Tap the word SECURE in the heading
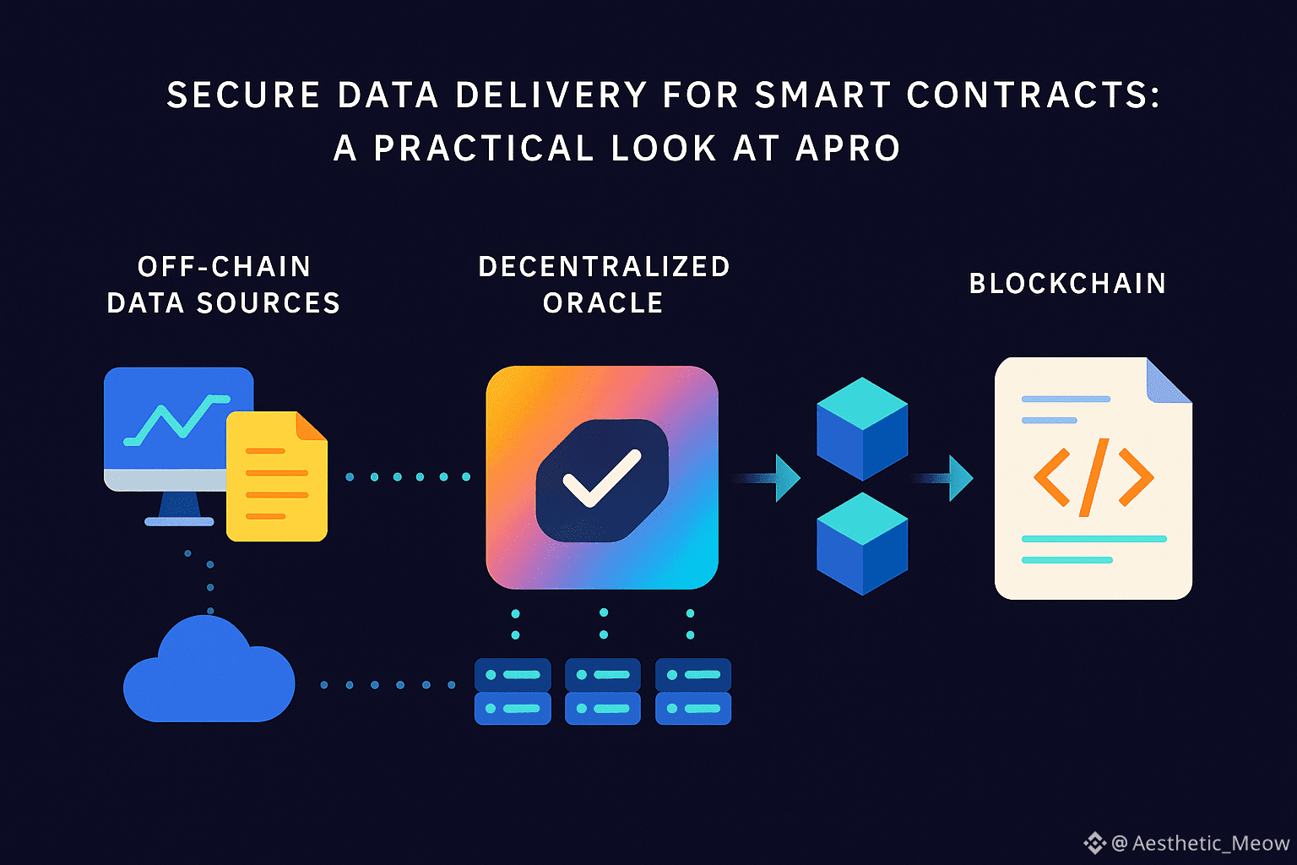[243, 95]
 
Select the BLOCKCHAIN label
[1067, 284]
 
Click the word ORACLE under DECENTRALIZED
[603, 303]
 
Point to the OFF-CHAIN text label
[225, 267]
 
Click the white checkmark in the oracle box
[601, 478]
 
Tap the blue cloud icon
[209, 672]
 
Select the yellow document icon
[275, 478]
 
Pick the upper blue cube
[862, 429]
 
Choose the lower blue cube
[862, 544]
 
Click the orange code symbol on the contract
[1093, 478]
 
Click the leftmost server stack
[513, 691]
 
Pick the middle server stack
[603, 691]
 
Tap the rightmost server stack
[693, 691]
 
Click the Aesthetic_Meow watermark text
[1209, 843]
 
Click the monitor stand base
[179, 521]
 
